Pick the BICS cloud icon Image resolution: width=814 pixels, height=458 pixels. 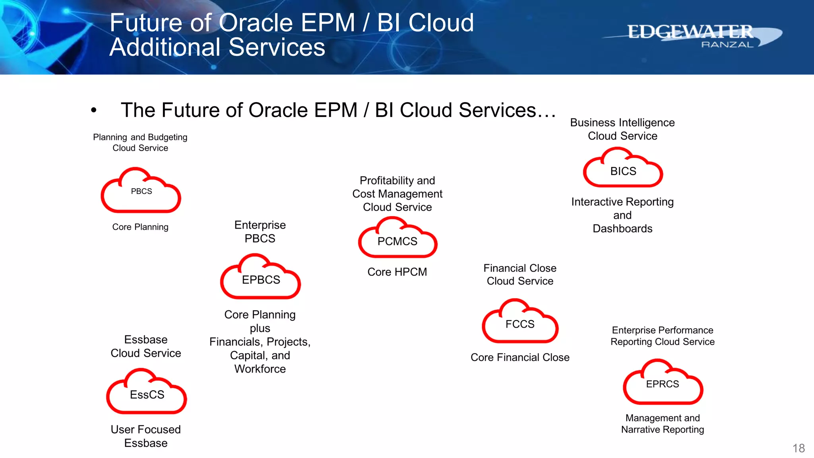click(623, 169)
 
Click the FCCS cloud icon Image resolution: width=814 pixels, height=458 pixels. click(520, 322)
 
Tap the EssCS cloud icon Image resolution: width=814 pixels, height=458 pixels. click(147, 393)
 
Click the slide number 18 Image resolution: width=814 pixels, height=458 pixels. click(798, 448)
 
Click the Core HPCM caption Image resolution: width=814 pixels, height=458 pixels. click(397, 272)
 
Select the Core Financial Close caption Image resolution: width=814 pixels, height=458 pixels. click(520, 357)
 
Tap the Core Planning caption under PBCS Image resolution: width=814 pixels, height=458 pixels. click(140, 227)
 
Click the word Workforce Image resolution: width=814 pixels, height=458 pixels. click(260, 369)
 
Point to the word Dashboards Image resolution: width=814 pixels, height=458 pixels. click(622, 229)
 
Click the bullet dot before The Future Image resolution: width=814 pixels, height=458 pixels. click(94, 110)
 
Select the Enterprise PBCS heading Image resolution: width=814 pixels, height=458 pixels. click(260, 232)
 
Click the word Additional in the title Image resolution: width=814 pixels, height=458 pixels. click(165, 47)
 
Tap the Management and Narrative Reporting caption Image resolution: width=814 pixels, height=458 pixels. click(663, 424)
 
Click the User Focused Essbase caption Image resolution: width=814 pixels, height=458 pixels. click(146, 436)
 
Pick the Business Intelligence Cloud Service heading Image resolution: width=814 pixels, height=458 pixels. click(622, 129)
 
